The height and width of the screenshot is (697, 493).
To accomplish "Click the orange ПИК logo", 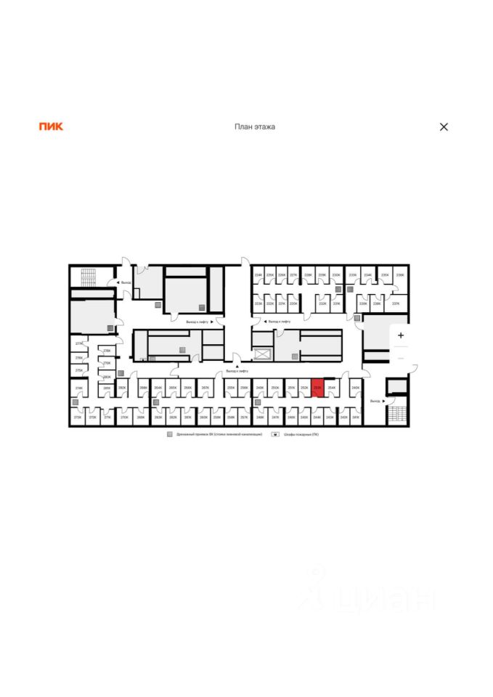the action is point(51,126).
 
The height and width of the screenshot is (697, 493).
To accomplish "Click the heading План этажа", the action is point(254,126).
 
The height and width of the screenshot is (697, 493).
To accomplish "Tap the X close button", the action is point(444,126).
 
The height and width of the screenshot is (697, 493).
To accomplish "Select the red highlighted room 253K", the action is point(317,388).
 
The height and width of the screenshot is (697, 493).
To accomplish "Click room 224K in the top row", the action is point(258,276).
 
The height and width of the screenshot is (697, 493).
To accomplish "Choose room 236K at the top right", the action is point(399,276).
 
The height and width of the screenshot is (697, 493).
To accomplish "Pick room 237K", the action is point(396,303).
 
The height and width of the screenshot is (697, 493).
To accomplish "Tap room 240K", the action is point(355,389).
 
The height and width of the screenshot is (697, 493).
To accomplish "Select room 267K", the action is point(205,388).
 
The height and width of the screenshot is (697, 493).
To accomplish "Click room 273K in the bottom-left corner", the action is point(78,417).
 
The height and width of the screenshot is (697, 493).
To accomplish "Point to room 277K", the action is point(78,343).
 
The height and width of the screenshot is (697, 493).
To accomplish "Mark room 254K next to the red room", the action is point(332,388).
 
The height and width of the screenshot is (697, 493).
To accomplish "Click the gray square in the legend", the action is point(170,433).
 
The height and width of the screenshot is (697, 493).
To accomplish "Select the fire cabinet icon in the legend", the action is point(275,433).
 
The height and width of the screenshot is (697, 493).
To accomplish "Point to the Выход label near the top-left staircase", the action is point(126,282).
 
